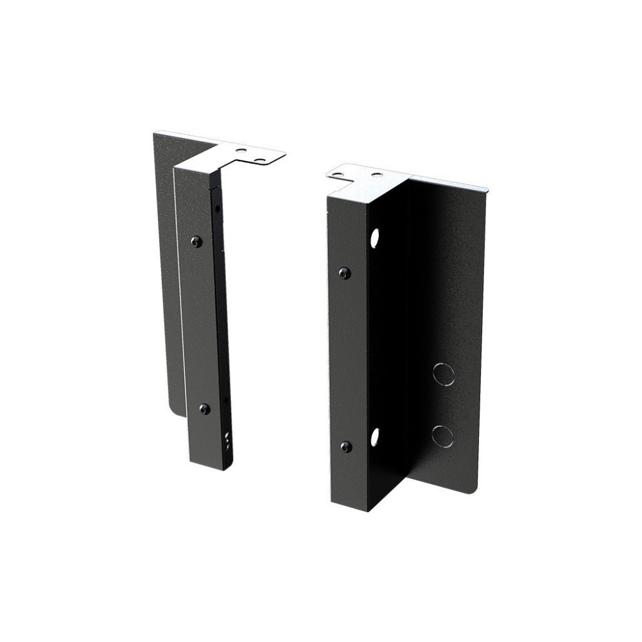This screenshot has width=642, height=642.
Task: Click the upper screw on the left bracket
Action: click(196, 241)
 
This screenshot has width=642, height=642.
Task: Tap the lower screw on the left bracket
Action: click(204, 408)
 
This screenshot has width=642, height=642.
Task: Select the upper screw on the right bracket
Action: click(345, 273)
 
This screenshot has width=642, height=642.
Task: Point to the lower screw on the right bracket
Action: click(346, 446)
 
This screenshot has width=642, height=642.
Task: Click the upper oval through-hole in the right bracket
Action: click(374, 239)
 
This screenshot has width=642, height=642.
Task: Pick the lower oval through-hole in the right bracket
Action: click(374, 437)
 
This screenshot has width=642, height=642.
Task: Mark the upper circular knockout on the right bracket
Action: click(444, 374)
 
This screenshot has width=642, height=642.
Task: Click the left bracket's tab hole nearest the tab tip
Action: click(259, 157)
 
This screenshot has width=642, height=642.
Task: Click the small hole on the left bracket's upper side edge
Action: click(218, 209)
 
